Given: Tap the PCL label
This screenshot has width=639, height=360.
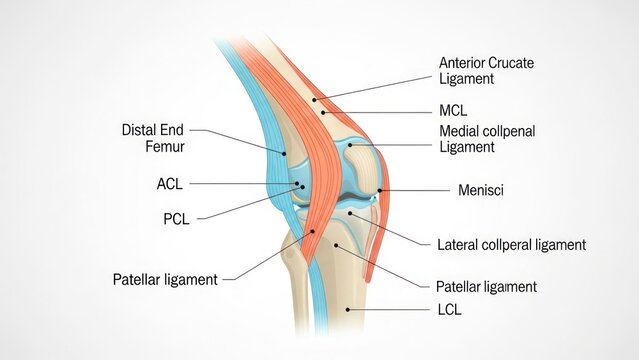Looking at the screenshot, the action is click(x=175, y=218).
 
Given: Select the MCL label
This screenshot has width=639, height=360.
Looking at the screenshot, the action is click(x=453, y=110).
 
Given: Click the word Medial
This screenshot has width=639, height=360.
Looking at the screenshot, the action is click(x=460, y=131).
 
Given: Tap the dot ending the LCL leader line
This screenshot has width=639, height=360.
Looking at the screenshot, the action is click(x=347, y=310).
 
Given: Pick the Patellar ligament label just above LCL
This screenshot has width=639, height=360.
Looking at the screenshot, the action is click(x=486, y=287).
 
